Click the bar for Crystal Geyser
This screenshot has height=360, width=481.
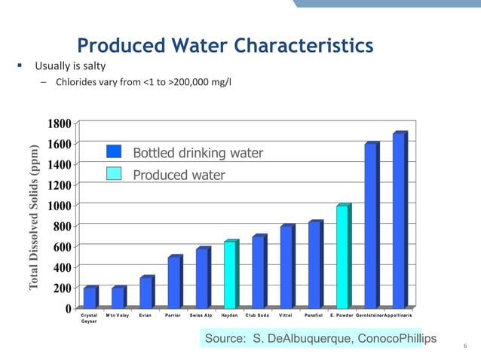[x=89, y=298]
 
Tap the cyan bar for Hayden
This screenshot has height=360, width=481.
[x=230, y=276]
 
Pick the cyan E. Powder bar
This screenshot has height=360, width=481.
[x=342, y=258]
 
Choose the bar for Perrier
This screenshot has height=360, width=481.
[x=173, y=282]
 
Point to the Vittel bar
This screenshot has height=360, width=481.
[x=286, y=267]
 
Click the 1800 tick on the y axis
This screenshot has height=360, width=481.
[x=60, y=123]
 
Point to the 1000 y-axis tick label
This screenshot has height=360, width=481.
[x=60, y=206]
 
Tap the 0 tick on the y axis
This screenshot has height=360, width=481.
[x=68, y=309]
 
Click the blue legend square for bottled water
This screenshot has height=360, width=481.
[x=114, y=153]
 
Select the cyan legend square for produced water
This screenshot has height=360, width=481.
[x=114, y=174]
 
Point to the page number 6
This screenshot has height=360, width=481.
[x=465, y=346]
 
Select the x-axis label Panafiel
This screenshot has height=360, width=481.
[x=314, y=315]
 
